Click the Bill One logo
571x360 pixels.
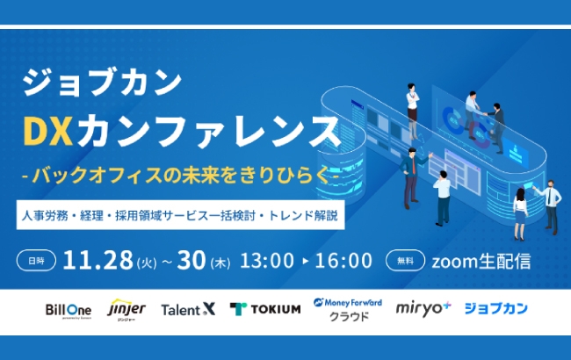pos(69,309)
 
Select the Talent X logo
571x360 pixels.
pos(188,309)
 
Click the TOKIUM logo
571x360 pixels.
pos(265,309)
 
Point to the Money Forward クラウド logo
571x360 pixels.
pos(348,308)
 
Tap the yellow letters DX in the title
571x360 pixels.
pos(51,133)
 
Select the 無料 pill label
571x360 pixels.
pos(404,260)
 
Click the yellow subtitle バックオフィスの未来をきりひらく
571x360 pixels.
pos(181,175)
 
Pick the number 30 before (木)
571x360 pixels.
pos(189,260)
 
